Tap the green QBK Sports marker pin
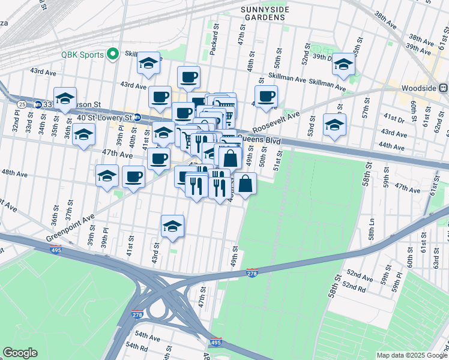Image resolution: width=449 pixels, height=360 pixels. (x=112, y=54)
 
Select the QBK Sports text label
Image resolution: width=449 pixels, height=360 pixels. (x=83, y=54)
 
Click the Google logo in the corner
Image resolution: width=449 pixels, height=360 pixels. (x=20, y=353)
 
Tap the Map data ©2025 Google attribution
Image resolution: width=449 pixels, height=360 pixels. (x=411, y=355)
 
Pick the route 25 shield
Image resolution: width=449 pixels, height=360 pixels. (x=22, y=104)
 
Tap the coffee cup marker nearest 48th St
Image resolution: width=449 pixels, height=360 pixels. (x=266, y=95)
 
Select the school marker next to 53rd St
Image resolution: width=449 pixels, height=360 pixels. (x=335, y=124)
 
